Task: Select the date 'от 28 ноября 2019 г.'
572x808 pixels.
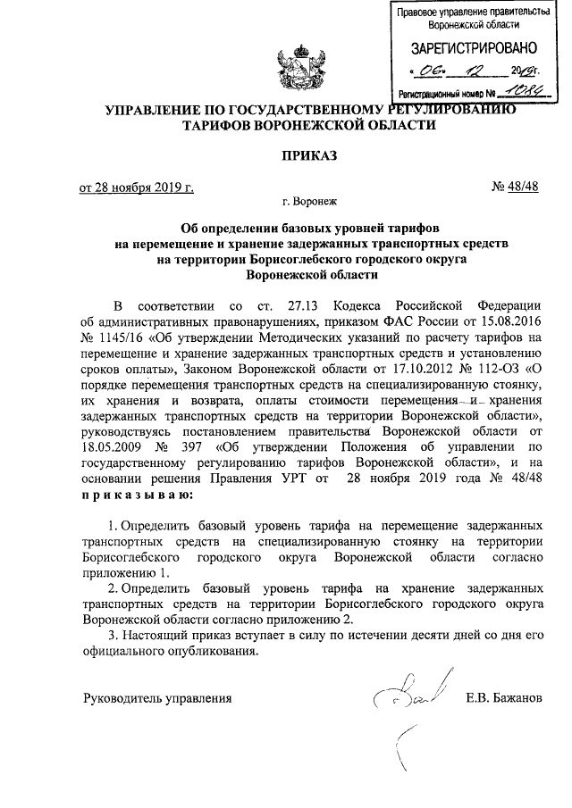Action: pyautogui.click(x=137, y=187)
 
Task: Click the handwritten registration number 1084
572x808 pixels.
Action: pyautogui.click(x=521, y=91)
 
